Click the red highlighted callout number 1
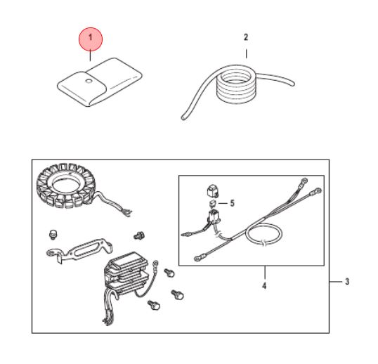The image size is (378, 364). point(91,39)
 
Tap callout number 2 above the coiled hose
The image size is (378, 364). point(246,37)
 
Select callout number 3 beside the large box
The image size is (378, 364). point(347,281)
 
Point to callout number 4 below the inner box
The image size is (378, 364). point(264,286)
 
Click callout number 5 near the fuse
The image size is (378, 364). point(232,203)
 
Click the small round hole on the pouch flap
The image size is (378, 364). point(89,81)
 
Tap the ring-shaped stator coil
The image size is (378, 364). point(65,185)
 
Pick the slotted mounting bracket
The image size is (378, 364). point(79,251)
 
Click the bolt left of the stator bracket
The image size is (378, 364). point(53,235)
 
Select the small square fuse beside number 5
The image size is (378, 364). point(213,203)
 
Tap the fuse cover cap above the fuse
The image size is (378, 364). point(213,190)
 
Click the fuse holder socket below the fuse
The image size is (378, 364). point(214,215)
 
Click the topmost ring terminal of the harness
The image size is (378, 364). point(304,181)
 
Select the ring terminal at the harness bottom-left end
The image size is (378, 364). point(198,259)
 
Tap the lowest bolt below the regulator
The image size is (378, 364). point(154,305)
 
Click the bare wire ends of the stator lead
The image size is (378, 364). point(126,214)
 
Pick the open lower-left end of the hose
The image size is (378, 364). point(183,117)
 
